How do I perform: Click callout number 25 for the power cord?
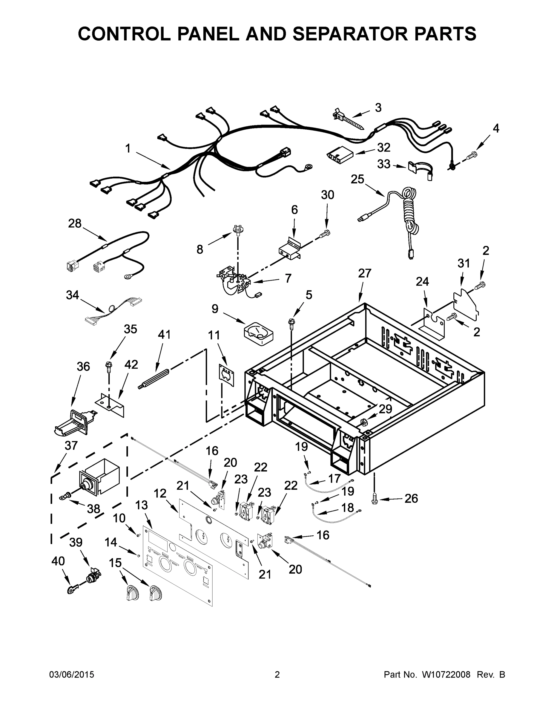click(357, 179)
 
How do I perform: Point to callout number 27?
click(365, 273)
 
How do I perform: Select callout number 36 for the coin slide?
click(83, 366)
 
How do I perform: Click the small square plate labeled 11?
click(226, 375)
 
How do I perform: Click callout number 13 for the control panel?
click(142, 505)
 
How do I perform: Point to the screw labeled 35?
click(108, 365)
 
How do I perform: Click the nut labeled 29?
click(363, 422)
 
